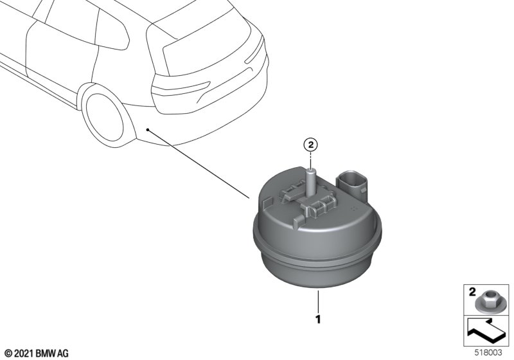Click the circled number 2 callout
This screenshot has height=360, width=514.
point(311,144)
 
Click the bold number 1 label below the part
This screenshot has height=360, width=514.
point(317,319)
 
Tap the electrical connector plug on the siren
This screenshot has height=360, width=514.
point(351,184)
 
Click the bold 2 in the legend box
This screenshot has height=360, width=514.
point(472,291)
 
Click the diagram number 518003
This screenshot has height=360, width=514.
point(488,352)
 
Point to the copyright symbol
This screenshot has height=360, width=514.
point(8,354)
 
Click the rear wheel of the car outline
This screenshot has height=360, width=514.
point(104,117)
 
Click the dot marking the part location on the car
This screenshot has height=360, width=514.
point(148,130)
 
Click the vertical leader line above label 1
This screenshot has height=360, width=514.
point(317,301)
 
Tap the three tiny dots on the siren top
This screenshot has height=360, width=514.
point(353,208)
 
